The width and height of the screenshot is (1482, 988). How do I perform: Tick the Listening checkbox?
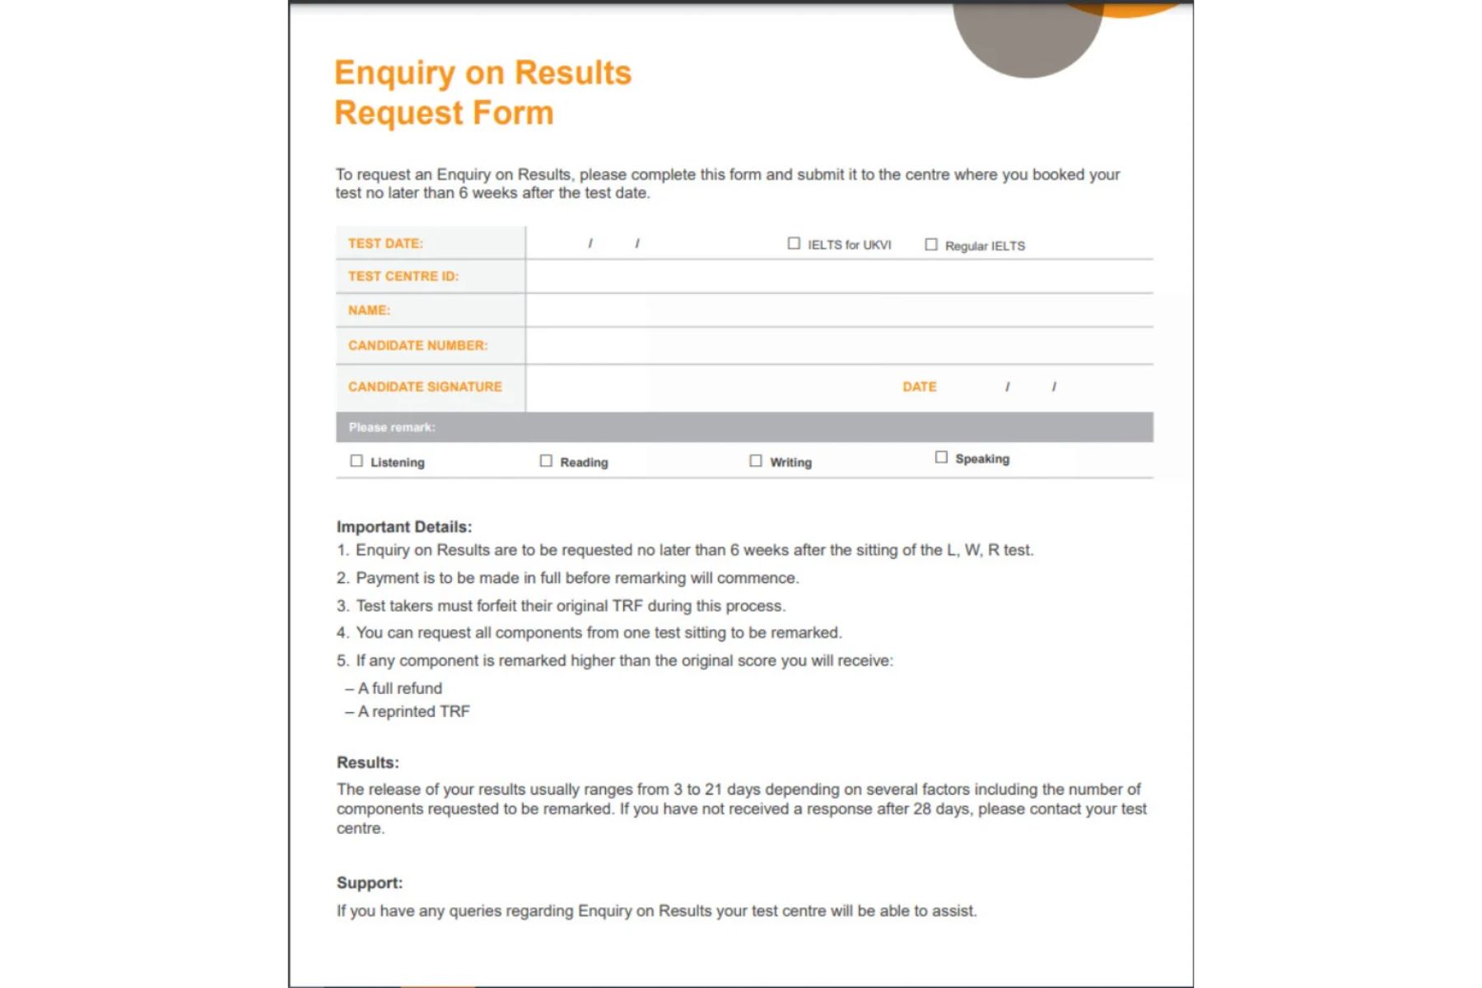(357, 461)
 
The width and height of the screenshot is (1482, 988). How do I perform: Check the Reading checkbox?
(546, 461)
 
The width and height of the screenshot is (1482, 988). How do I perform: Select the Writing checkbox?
(756, 461)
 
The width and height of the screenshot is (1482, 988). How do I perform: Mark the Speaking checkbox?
(941, 458)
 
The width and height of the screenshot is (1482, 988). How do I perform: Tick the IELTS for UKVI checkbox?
(794, 244)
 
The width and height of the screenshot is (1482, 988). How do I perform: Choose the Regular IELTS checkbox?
(931, 245)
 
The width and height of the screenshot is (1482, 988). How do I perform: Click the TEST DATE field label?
(385, 244)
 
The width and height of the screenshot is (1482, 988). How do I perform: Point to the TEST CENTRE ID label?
(403, 277)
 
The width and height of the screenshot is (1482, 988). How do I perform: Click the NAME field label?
(369, 310)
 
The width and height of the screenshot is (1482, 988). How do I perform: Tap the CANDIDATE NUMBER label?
(417, 346)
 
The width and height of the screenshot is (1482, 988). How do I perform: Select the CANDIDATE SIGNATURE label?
(425, 387)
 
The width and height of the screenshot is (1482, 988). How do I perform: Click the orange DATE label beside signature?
(919, 387)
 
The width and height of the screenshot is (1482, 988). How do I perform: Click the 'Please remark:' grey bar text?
(392, 427)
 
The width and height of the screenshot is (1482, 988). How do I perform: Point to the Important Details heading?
(404, 527)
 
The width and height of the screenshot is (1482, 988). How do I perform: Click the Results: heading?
(367, 762)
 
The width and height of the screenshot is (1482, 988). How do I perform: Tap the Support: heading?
(370, 883)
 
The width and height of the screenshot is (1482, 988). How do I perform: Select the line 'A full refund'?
(399, 688)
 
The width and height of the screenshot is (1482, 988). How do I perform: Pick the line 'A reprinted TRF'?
(413, 711)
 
